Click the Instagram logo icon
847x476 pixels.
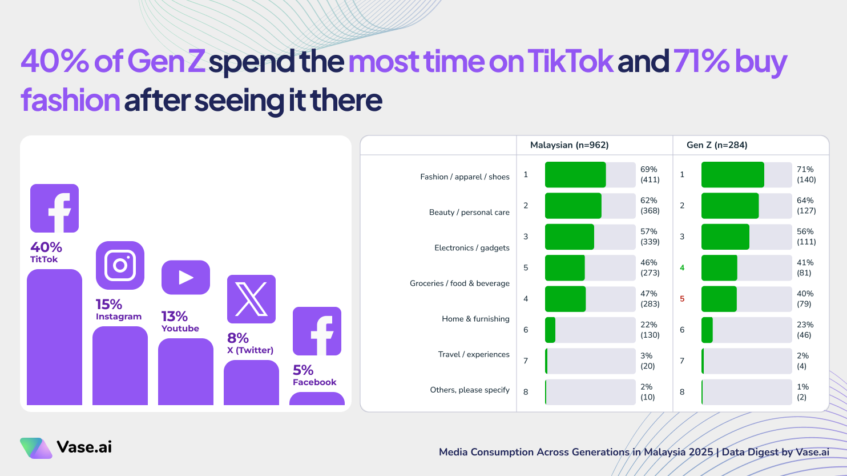(120, 265)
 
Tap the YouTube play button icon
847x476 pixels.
(185, 277)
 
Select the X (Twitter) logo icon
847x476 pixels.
(251, 299)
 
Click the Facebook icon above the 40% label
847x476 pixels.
(54, 208)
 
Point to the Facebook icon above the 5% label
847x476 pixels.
(317, 331)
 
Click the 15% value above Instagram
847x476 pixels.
(109, 304)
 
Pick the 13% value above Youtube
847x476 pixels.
(175, 316)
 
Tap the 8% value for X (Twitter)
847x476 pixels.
(238, 338)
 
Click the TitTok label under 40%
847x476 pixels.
(44, 259)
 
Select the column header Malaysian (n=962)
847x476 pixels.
(569, 145)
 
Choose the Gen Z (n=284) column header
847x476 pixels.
(717, 145)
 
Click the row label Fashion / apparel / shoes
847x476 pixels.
(465, 177)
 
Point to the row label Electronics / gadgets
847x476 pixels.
(471, 247)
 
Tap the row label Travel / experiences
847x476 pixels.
(474, 354)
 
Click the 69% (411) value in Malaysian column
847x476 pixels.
(650, 174)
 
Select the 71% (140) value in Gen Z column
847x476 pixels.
(806, 174)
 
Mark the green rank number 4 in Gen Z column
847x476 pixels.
(682, 267)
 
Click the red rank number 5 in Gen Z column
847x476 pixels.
(682, 299)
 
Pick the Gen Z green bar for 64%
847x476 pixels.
(729, 206)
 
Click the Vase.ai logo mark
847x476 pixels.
(36, 448)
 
